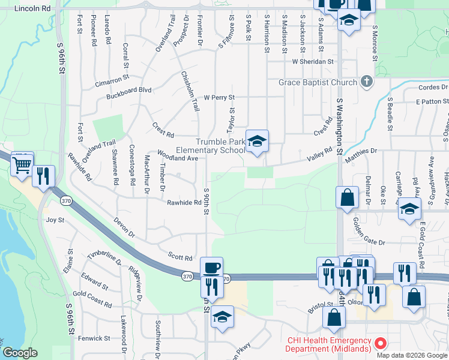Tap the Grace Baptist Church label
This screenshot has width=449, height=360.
[318, 82]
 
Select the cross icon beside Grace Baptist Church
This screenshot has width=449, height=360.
[367, 82]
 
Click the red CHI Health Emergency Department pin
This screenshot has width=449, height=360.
[379, 344]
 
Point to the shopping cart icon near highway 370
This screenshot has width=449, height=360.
[23, 163]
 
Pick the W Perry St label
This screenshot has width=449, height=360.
[218, 97]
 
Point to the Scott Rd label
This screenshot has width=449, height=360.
[180, 257]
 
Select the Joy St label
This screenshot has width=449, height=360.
[55, 220]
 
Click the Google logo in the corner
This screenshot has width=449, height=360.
[20, 353]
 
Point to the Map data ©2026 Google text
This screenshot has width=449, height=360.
[412, 355]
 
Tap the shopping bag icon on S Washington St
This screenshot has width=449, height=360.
[347, 197]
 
